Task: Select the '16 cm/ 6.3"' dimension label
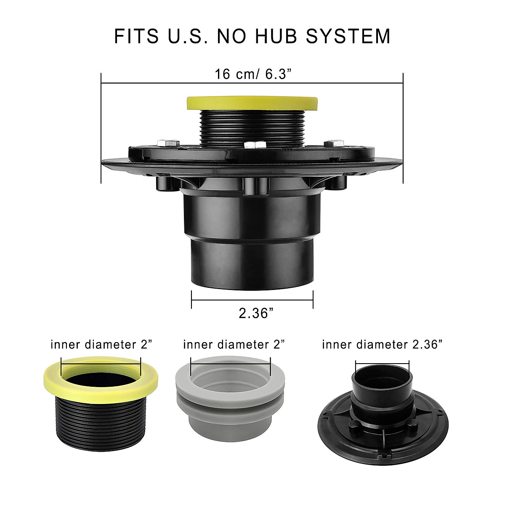[253, 74]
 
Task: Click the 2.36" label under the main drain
[256, 313]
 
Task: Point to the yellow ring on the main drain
[252, 103]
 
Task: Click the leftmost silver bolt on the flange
[168, 143]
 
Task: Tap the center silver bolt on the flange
[255, 144]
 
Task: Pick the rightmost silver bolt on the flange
[334, 143]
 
